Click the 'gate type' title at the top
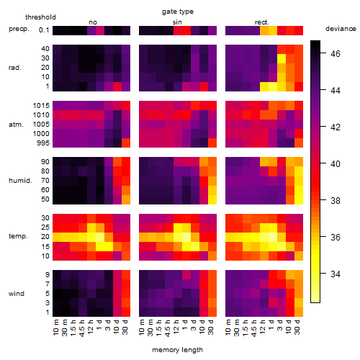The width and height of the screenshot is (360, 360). (178, 12)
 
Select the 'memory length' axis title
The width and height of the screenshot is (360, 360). (177, 350)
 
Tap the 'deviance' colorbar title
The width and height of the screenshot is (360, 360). (341, 29)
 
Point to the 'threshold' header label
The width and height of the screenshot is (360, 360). (40, 17)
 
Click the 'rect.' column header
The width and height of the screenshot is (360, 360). (262, 22)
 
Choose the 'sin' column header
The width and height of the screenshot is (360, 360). (177, 22)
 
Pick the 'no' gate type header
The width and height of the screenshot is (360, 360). (93, 22)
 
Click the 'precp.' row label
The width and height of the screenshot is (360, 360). (19, 29)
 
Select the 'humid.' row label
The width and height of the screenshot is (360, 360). (20, 181)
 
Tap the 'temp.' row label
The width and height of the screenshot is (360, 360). (18, 236)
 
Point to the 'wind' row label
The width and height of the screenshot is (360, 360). (17, 294)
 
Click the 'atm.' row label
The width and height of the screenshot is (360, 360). (16, 125)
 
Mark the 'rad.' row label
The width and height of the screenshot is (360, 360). (15, 68)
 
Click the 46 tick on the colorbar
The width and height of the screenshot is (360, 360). (336, 53)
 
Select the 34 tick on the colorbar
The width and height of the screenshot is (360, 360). (336, 274)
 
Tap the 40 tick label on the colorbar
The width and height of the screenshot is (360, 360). (336, 164)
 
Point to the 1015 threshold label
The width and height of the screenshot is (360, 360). (41, 106)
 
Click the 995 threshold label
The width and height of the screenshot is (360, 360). (43, 143)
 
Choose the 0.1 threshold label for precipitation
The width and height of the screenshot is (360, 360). (44, 30)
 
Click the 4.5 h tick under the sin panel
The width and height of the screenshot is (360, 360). (168, 328)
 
